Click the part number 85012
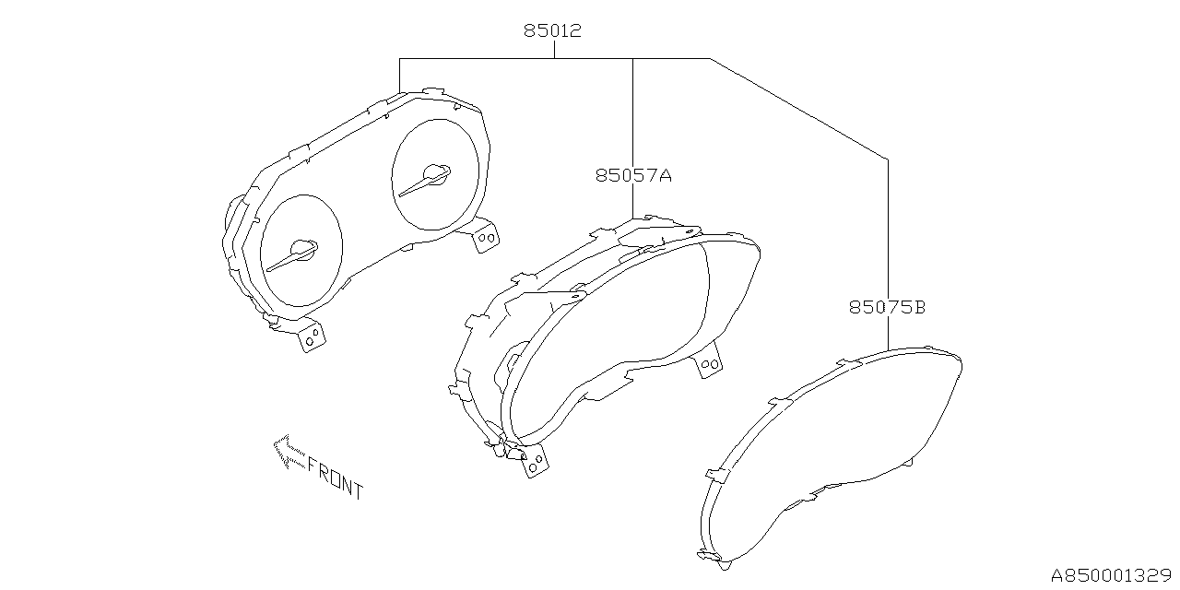click(x=553, y=30)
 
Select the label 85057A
click(x=632, y=174)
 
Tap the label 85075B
click(x=887, y=307)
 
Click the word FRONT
click(x=335, y=478)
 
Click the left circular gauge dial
click(x=301, y=251)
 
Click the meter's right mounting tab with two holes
click(x=485, y=236)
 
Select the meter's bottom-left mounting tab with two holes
click(x=312, y=336)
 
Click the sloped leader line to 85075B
click(x=798, y=109)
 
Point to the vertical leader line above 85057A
click(x=632, y=111)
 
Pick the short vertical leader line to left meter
click(x=399, y=75)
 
